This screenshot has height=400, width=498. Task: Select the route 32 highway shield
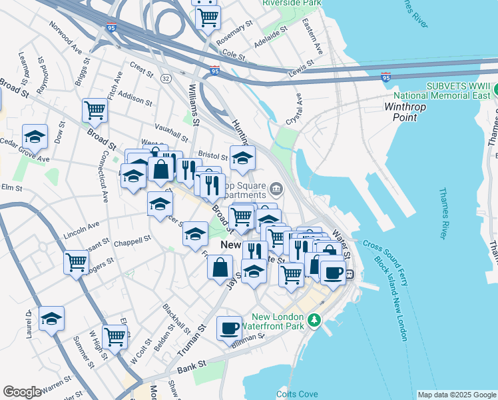pyautogui.click(x=164, y=79)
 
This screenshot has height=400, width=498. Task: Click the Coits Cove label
pyautogui.click(x=296, y=394)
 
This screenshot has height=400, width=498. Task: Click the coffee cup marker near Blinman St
pyautogui.click(x=229, y=328)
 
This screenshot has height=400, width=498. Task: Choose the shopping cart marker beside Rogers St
pyautogui.click(x=77, y=261)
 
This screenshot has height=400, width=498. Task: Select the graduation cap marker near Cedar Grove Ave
pyautogui.click(x=35, y=137)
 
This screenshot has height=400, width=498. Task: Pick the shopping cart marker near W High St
pyautogui.click(x=115, y=337)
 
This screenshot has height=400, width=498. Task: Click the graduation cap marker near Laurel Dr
pyautogui.click(x=51, y=318)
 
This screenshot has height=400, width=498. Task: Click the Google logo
pyautogui.click(x=22, y=392)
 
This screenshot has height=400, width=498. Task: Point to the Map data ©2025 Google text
pyautogui.click(x=457, y=395)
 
